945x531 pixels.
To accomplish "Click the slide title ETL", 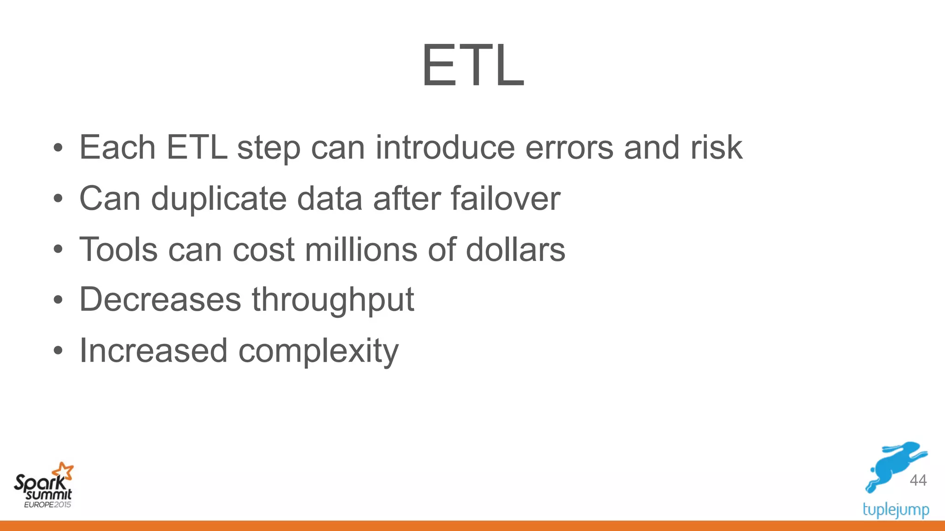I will [472, 65].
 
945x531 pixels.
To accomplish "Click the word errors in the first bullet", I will [569, 148].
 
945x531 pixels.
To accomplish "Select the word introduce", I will [445, 148].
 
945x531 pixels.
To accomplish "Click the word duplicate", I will [219, 199].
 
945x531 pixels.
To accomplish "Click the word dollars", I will [515, 249].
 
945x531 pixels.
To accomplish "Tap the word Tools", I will [119, 249].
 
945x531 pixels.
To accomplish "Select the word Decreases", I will [160, 300].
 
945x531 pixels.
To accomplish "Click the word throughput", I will [333, 301].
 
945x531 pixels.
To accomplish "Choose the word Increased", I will [153, 351].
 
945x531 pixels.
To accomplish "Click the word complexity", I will [318, 352].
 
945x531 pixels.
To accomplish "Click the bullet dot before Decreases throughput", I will [58, 301].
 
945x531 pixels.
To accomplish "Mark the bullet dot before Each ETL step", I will [58, 148].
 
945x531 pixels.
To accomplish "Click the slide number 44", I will [918, 480].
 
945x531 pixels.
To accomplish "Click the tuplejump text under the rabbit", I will [896, 510].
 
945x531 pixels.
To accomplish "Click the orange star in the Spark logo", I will [63, 471].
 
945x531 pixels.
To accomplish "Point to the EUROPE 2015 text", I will [48, 505].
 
